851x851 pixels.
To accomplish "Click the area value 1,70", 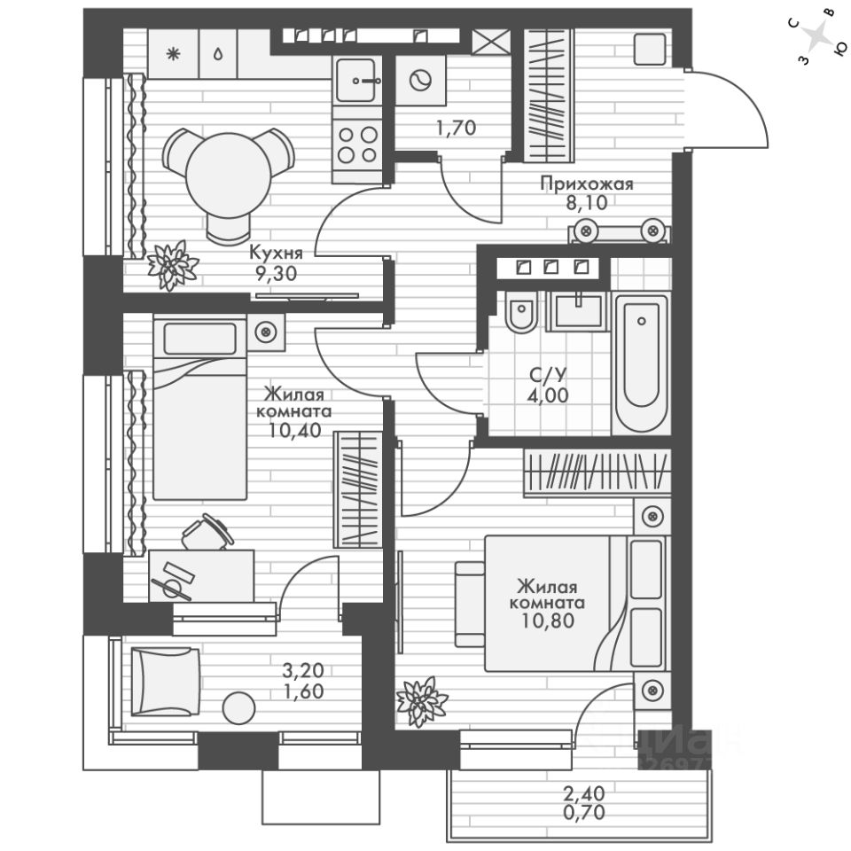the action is coord(456,128).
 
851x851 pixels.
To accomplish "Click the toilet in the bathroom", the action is coord(520,314).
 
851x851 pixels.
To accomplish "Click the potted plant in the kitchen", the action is coord(172,263).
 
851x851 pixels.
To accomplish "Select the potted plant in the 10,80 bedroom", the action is coord(422,700).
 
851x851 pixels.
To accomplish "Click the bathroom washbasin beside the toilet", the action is coord(577,311).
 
